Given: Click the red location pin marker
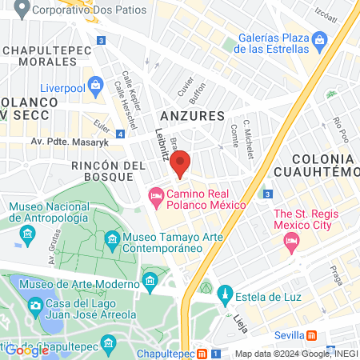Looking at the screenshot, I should [x=181, y=162].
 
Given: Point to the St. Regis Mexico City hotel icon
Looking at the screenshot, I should [x=293, y=240].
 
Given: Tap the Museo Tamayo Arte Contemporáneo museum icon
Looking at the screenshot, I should [x=113, y=239].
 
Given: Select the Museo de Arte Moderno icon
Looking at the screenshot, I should [x=150, y=280].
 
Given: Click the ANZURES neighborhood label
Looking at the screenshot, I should [x=192, y=115].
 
